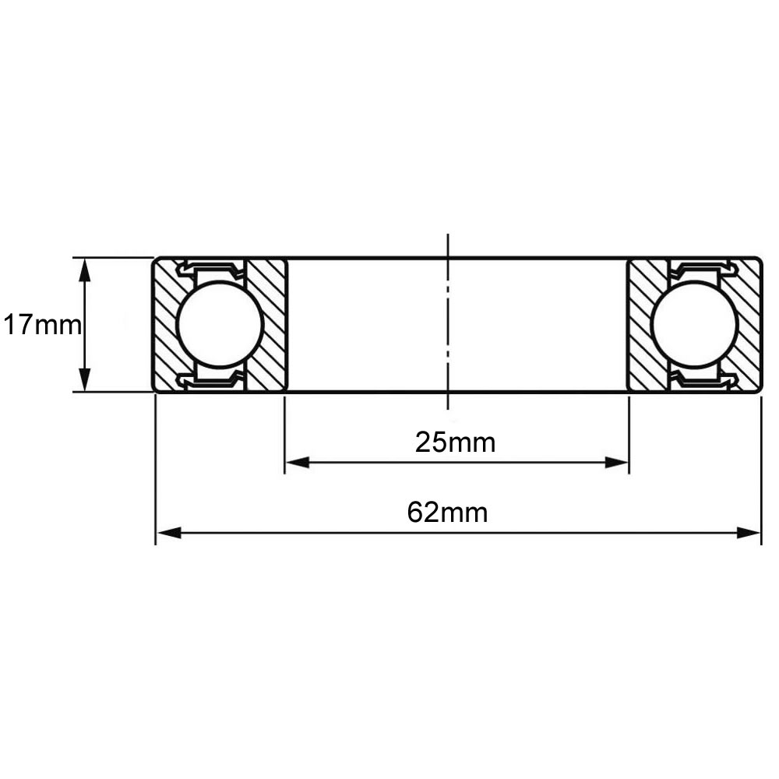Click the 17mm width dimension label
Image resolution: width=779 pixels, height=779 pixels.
(x=42, y=326)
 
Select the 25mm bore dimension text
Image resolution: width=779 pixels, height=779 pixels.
(x=455, y=442)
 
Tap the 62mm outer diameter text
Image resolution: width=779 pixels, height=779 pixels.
(x=447, y=513)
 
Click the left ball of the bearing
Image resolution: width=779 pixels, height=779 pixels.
(x=219, y=324)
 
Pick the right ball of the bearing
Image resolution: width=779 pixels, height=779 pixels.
(x=696, y=324)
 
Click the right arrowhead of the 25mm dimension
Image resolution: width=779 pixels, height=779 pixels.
(x=616, y=463)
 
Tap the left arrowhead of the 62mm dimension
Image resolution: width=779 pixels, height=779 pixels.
(x=169, y=533)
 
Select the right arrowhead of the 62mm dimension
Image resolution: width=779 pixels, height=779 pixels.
(x=748, y=533)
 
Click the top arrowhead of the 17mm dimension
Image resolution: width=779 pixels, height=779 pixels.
(x=86, y=271)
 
